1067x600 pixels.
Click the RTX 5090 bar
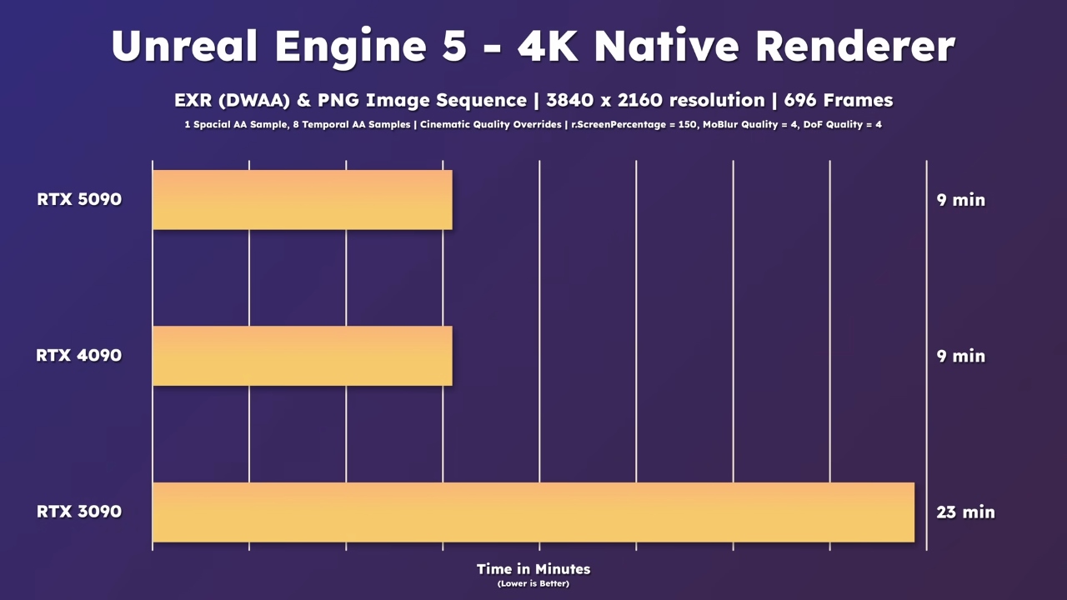pyautogui.click(x=302, y=200)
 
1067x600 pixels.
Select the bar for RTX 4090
pyautogui.click(x=302, y=356)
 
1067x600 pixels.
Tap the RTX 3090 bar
pyautogui.click(x=533, y=512)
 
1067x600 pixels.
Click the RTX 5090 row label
pyautogui.click(x=79, y=200)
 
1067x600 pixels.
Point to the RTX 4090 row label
pyautogui.click(x=79, y=356)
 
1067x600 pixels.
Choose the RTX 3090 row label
pyautogui.click(x=79, y=512)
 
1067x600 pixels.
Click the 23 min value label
pyautogui.click(x=965, y=512)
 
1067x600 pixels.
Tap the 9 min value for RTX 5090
pyautogui.click(x=960, y=200)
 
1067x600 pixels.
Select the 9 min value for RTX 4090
pyautogui.click(x=960, y=356)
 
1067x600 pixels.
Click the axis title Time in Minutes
pyautogui.click(x=533, y=569)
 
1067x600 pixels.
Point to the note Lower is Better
pyautogui.click(x=533, y=583)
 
